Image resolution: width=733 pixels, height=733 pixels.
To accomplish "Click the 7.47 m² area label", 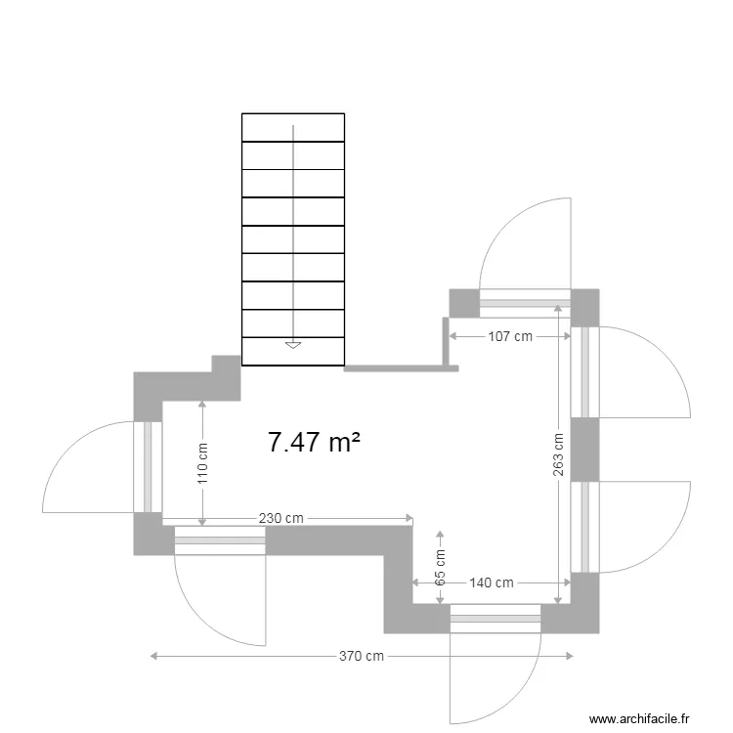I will [313, 443].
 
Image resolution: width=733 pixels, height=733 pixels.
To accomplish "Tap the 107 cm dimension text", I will [510, 336].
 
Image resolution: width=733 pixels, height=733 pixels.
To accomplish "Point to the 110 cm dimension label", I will [202, 463].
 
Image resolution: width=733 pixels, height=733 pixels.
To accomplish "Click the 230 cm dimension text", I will [280, 518].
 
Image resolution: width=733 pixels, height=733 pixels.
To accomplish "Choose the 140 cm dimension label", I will [492, 582].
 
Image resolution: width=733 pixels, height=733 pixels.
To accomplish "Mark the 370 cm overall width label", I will [362, 656].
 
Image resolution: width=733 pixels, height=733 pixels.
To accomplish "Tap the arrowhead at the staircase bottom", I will [292, 344].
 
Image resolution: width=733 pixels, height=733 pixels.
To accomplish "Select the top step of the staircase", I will [293, 128].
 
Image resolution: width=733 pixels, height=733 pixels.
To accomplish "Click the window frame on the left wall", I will [149, 467].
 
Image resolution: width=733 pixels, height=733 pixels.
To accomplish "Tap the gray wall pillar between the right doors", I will [584, 450].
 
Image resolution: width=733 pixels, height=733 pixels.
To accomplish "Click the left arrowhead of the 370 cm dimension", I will [154, 656].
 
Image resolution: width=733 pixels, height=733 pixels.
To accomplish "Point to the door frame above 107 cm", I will [525, 303].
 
